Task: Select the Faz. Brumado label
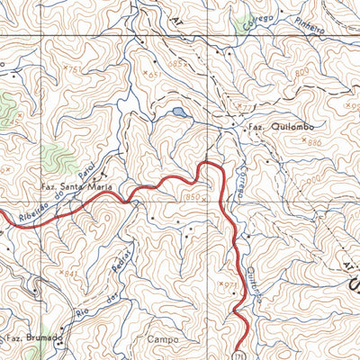pos(33,338)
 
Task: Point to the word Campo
pos(162,339)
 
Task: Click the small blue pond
pos(179,112)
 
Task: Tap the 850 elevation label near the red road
pos(191,195)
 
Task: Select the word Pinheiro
pos(308,30)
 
